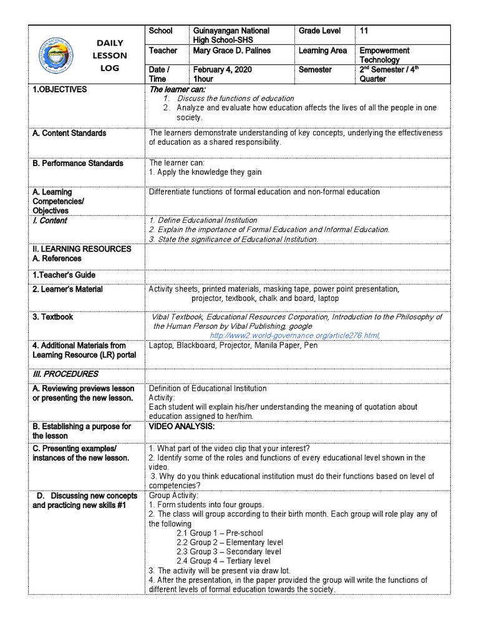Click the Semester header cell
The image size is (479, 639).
[x=316, y=70]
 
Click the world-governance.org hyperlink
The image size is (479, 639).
[x=294, y=335]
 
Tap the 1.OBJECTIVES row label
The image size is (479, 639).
[x=60, y=90]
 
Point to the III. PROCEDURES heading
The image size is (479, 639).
[x=65, y=374]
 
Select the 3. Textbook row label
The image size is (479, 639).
[x=53, y=317]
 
